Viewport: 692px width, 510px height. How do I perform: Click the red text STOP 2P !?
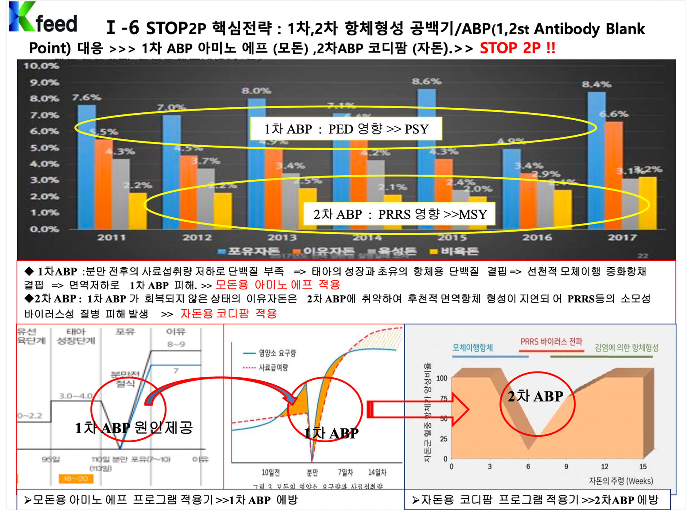517,48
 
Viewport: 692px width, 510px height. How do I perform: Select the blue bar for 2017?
596,160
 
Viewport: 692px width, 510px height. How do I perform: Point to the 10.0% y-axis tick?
41,66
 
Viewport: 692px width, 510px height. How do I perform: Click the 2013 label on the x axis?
282,237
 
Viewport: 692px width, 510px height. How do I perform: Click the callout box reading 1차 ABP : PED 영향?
346,129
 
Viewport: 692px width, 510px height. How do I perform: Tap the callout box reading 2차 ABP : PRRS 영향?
399,214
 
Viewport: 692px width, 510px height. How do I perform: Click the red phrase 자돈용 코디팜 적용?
228,314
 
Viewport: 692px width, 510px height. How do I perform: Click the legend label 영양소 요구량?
277,353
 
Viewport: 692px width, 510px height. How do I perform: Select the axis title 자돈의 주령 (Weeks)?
621,481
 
